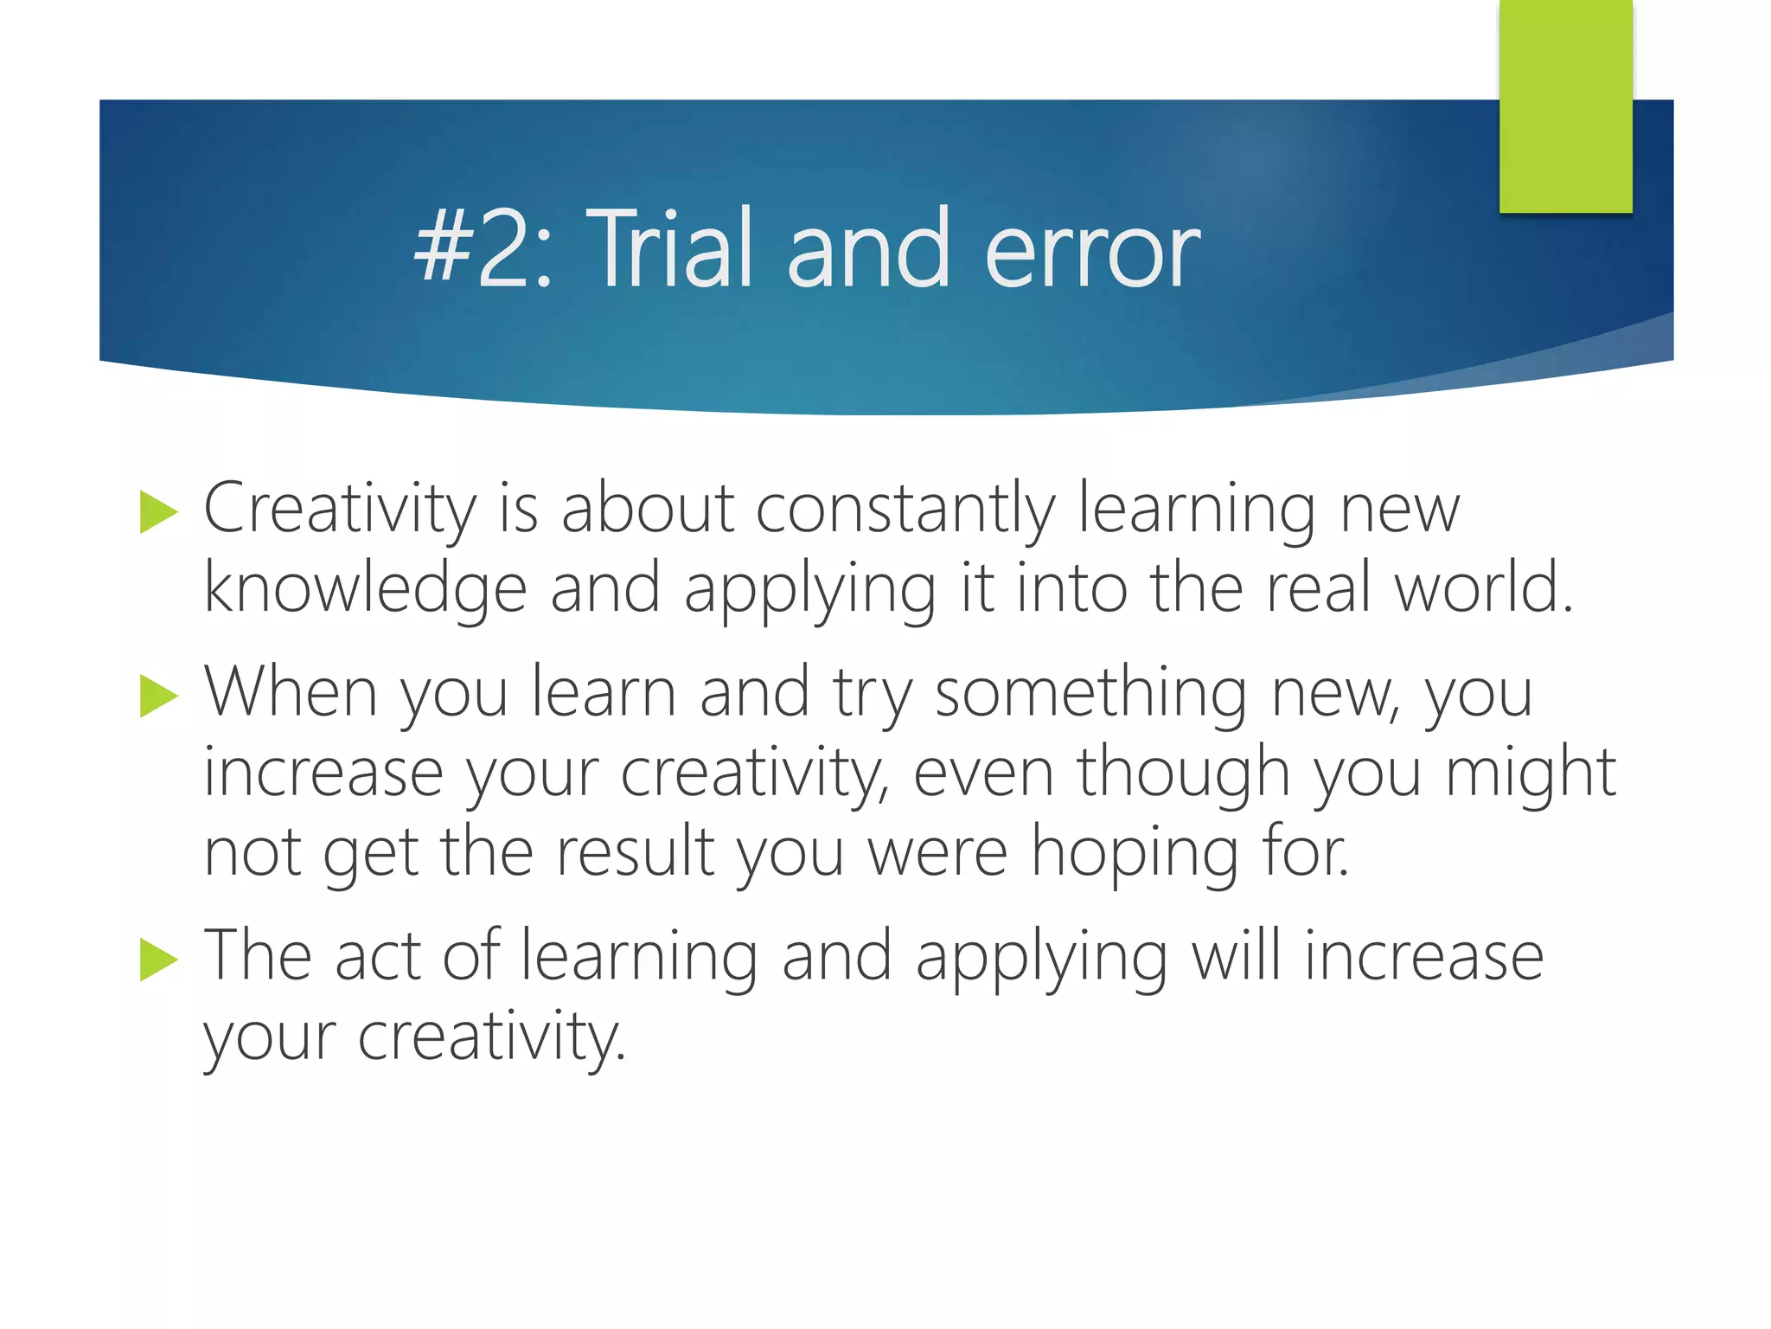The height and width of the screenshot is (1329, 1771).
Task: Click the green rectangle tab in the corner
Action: [x=1565, y=106]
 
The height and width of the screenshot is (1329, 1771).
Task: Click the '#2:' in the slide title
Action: [x=482, y=249]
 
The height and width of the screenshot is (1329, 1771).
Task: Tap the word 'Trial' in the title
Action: [x=675, y=249]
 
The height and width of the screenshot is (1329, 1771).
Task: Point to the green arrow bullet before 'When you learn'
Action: [x=158, y=696]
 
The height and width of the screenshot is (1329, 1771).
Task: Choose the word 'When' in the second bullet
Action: [x=291, y=692]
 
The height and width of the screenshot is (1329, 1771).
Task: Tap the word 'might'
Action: [x=1531, y=774]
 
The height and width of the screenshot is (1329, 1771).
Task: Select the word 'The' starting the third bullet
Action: [x=258, y=955]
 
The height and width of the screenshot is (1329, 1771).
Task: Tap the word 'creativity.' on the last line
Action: [x=491, y=1037]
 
